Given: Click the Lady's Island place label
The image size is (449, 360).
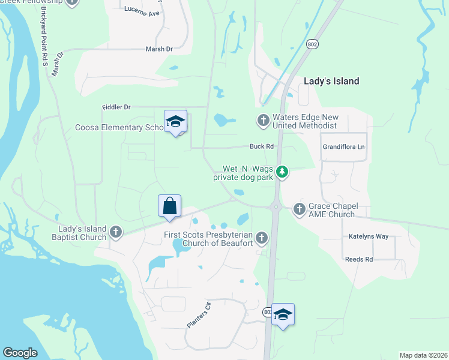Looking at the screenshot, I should [331, 81].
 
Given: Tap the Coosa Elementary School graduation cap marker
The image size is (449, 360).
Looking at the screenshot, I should [175, 121].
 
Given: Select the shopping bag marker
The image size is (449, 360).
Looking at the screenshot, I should [169, 206].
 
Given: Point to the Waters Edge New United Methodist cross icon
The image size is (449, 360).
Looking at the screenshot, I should [263, 121].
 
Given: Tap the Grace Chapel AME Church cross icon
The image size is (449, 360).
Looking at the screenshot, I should [299, 209].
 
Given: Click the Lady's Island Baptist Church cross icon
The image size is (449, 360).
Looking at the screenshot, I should [116, 232].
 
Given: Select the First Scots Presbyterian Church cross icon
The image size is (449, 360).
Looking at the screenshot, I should [261, 238].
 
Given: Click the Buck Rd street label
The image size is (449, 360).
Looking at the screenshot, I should [262, 146].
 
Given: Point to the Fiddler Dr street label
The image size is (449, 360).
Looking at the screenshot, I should [116, 107].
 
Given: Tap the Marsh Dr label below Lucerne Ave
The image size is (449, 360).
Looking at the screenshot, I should [159, 49].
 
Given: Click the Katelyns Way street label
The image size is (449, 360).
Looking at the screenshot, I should [369, 236].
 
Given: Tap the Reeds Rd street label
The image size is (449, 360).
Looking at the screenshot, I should [359, 259].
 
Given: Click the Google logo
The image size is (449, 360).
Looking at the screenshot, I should [20, 353].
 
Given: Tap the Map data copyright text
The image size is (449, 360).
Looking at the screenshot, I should [424, 355].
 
